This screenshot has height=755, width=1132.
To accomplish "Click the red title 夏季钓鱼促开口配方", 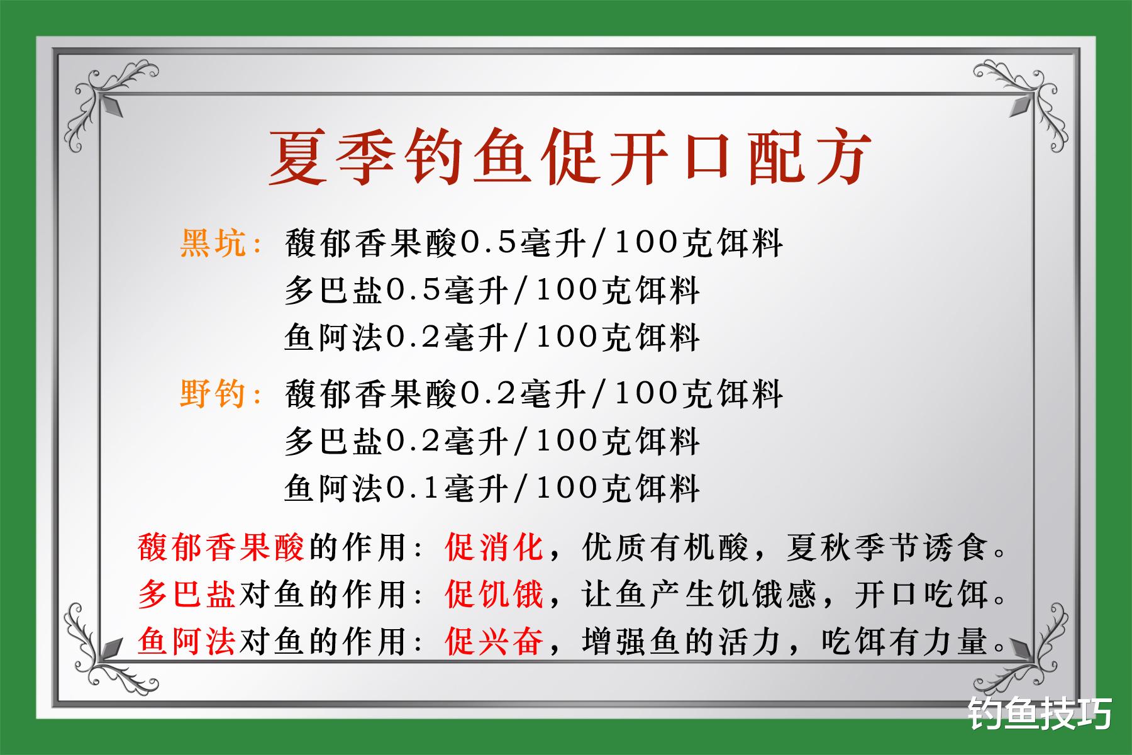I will pos(569,157).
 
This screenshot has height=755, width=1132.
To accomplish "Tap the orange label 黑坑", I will pos(214,243).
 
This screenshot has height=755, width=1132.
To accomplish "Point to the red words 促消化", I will pos(494,547).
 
